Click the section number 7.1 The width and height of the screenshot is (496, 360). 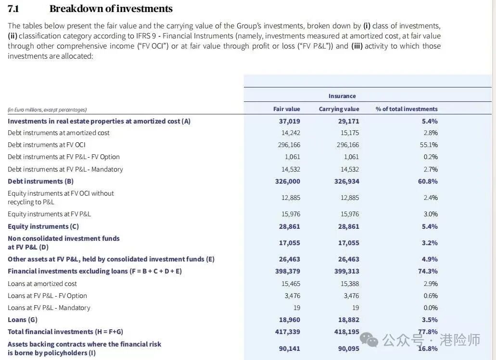click(x=14, y=9)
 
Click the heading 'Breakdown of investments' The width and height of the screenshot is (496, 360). click(x=111, y=9)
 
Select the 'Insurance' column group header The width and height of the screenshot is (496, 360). click(x=342, y=96)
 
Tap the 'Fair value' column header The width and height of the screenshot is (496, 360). click(x=286, y=109)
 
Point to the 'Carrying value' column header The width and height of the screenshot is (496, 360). click(x=339, y=109)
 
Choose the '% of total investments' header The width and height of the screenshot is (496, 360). click(x=407, y=109)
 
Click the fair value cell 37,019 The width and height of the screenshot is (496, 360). click(x=289, y=121)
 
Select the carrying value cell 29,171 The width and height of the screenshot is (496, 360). click(x=348, y=121)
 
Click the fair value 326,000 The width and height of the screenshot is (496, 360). click(x=289, y=181)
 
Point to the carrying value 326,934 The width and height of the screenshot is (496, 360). click(x=346, y=181)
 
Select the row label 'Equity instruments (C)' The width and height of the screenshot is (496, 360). click(x=43, y=226)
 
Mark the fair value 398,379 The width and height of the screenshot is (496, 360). click(x=289, y=271)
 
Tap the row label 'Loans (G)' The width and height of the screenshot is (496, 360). click(x=22, y=320)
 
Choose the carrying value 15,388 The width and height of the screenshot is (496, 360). click(x=349, y=284)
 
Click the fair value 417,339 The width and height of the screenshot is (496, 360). click(x=289, y=332)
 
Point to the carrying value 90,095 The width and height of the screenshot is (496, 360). click(x=349, y=348)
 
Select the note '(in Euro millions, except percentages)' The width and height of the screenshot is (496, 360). click(x=47, y=110)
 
